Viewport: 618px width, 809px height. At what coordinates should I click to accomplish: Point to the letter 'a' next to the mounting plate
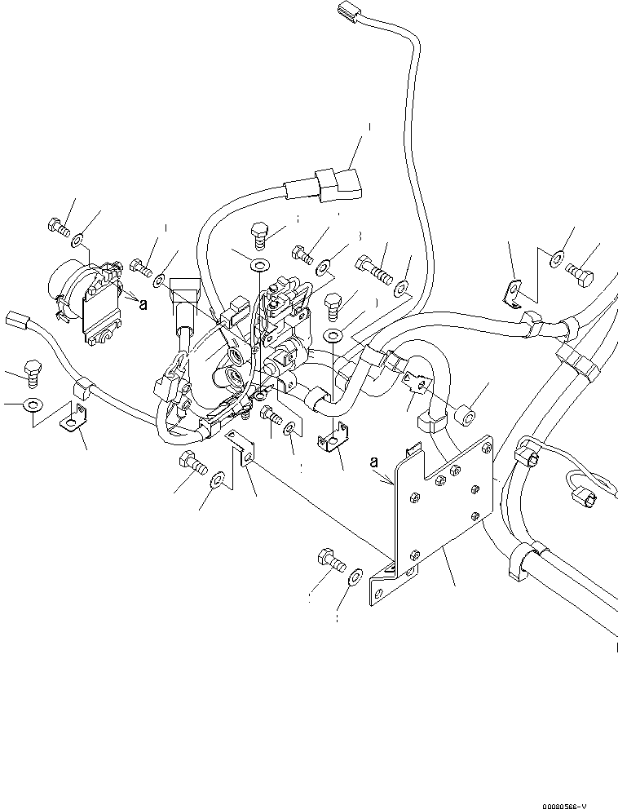(x=376, y=461)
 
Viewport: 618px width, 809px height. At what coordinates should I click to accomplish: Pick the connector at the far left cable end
(x=17, y=319)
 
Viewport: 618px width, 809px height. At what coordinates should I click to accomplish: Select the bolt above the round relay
(x=57, y=225)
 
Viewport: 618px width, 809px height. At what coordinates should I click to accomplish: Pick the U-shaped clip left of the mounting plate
(x=330, y=441)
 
